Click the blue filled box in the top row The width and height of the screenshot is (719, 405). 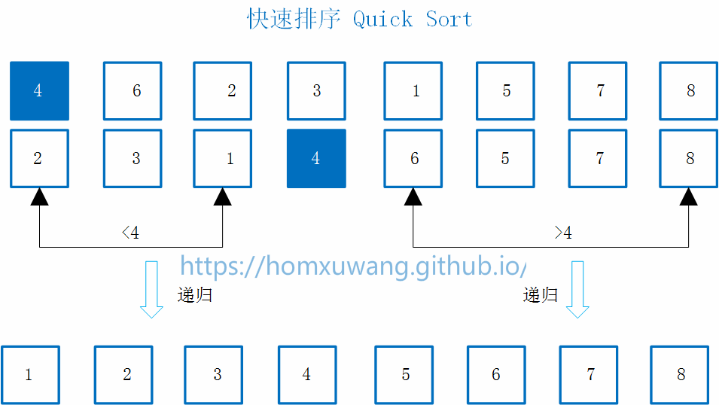39,91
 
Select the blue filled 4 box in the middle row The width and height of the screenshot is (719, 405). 316,159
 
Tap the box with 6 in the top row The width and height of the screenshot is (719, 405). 133,91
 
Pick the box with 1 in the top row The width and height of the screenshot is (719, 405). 413,91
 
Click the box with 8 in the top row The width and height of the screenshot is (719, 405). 688,91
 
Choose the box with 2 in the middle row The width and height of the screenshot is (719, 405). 39,159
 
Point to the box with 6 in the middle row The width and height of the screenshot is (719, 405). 413,159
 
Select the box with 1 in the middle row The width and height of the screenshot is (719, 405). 223,159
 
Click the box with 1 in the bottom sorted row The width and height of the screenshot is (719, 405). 30,375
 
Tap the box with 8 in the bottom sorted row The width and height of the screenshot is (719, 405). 680,375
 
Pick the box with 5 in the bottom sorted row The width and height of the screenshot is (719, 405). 404,375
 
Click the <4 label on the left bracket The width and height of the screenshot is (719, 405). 130,233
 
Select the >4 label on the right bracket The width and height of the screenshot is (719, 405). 563,233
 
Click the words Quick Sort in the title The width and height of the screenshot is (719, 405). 413,19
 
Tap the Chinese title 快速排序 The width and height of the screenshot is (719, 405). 294,19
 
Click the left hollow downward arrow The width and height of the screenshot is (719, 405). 152,289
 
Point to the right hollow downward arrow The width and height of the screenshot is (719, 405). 577,289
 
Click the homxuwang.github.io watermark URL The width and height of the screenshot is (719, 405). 352,266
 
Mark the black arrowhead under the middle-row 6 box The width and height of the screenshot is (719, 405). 413,196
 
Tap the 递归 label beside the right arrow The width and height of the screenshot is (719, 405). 541,295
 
